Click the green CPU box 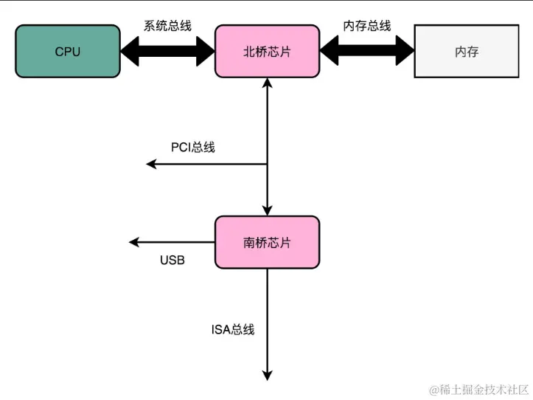click(x=67, y=52)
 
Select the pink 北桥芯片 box click(x=267, y=52)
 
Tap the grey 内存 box click(x=467, y=52)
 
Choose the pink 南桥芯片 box click(x=267, y=243)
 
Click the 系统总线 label click(x=167, y=26)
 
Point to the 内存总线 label click(x=366, y=26)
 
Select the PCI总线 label click(x=193, y=147)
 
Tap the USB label click(x=173, y=261)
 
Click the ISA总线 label click(x=233, y=329)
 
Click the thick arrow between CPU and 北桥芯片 click(x=167, y=51)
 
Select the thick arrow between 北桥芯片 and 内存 click(x=366, y=51)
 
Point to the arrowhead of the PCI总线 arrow click(x=151, y=164)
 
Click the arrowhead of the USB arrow click(x=134, y=242)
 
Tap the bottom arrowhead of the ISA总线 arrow click(x=268, y=375)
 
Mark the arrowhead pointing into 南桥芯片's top click(x=268, y=210)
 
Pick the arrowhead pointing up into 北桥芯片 click(x=268, y=83)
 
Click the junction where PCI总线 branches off click(x=268, y=164)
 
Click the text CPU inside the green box click(x=67, y=52)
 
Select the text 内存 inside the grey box click(x=467, y=52)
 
